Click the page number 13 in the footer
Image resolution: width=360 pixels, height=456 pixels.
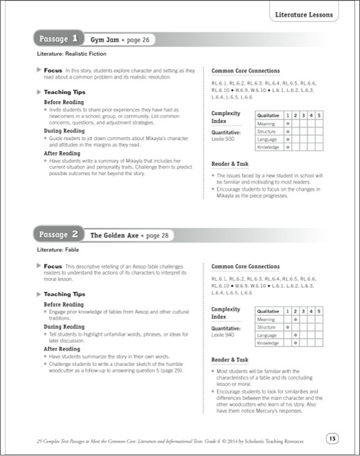[x=332, y=438]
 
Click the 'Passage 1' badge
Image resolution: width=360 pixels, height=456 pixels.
[x=58, y=39]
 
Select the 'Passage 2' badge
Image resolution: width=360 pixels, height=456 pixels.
[x=58, y=234]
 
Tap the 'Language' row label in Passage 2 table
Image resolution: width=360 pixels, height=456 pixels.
[x=267, y=335]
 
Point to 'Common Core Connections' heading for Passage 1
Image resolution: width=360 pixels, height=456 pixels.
[x=245, y=71]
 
